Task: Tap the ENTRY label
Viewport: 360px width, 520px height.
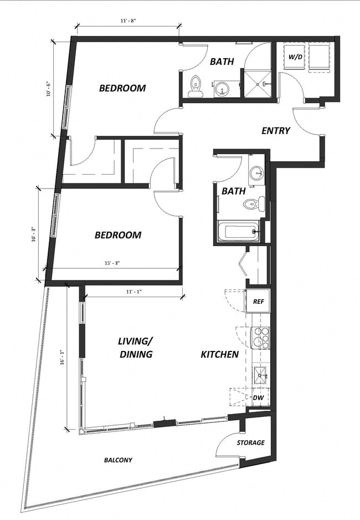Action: [275, 131]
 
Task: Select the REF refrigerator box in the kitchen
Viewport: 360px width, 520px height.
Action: [258, 302]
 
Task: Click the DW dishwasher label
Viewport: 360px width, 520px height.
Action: [258, 397]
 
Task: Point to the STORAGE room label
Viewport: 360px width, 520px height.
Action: [250, 442]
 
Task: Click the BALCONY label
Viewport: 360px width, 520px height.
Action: [118, 460]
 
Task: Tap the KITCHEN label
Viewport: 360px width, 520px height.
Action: [219, 354]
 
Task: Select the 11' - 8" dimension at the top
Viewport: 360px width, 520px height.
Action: [128, 21]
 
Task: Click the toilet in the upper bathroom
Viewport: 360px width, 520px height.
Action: [195, 86]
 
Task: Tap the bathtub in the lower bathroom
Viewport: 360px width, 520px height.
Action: [238, 232]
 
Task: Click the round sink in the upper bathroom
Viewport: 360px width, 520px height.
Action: [223, 88]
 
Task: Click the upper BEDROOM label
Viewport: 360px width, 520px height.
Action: [122, 88]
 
